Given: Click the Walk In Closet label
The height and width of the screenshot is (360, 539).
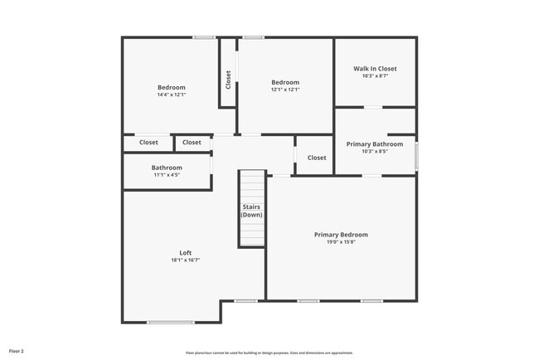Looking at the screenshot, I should (x=375, y=69).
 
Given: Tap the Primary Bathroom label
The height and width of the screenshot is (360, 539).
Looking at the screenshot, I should (x=375, y=144).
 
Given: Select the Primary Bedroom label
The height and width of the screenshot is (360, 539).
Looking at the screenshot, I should (x=341, y=235).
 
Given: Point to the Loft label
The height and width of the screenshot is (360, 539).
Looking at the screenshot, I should (x=186, y=253).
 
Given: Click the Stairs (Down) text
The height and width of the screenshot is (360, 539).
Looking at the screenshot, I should (x=251, y=211).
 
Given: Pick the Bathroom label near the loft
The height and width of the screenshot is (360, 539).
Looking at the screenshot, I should (x=167, y=168).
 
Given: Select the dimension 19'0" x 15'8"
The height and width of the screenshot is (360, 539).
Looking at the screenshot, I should (x=341, y=242).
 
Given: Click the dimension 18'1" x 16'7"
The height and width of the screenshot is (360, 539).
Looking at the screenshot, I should (x=186, y=260).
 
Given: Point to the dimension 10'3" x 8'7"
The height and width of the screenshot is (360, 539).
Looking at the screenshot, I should (x=375, y=76).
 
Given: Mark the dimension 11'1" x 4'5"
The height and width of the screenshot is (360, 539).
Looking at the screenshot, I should (x=167, y=175).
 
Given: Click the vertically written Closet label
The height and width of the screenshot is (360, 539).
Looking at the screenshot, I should (x=228, y=79).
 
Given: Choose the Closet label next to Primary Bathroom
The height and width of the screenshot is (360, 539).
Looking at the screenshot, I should (x=317, y=158).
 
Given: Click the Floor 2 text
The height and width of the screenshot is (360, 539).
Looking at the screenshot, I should (x=17, y=351).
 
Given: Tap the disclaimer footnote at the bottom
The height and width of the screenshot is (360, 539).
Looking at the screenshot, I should (x=269, y=353).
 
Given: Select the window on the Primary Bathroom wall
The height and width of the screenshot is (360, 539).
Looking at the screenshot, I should (x=416, y=157).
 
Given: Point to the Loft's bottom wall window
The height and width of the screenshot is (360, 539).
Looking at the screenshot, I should (x=171, y=322).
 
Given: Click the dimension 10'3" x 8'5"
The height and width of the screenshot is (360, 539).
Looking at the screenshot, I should (x=375, y=152).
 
